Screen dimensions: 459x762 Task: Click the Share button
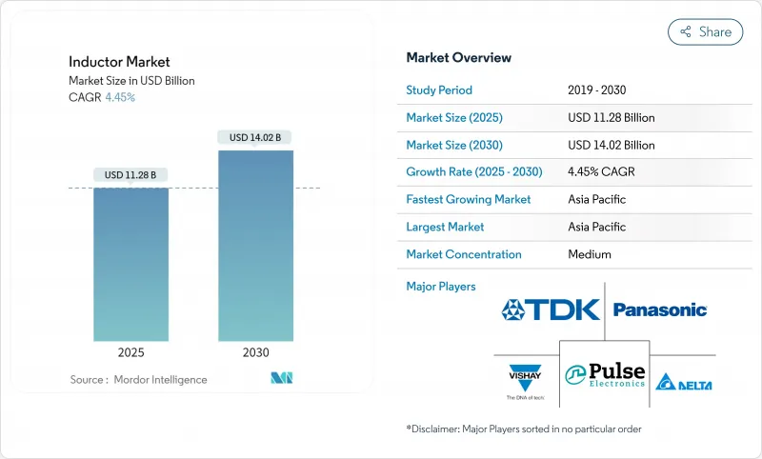pos(705,31)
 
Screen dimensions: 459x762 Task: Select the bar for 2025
pos(130,264)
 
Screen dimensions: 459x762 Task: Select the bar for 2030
pos(255,245)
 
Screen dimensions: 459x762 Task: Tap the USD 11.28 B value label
pos(130,174)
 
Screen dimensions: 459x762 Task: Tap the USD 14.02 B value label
pos(255,137)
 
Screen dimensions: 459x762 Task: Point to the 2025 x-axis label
pos(130,352)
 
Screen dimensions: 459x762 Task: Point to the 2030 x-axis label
pos(255,352)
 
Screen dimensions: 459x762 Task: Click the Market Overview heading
pos(458,57)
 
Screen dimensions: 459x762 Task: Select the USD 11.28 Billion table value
pos(611,118)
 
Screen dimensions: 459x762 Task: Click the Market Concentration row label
pos(464,254)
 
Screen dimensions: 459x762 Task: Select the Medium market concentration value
pos(589,254)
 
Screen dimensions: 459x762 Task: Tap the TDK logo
pos(551,309)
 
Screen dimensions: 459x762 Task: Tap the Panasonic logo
pos(659,309)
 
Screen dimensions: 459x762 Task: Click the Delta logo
pos(685,383)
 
